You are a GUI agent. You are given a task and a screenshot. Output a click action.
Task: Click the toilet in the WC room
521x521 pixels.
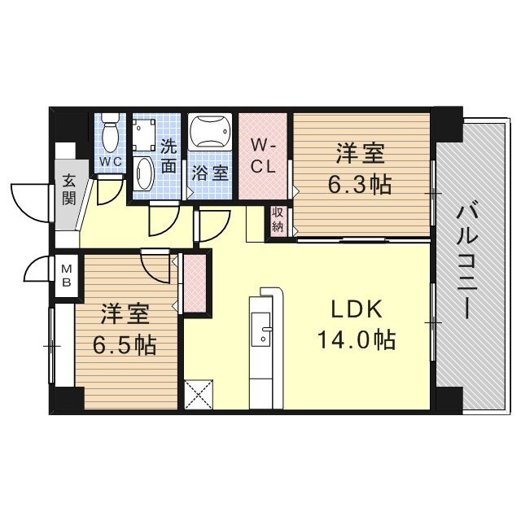click(111, 134)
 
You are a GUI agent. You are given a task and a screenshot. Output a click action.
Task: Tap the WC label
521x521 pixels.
click(111, 162)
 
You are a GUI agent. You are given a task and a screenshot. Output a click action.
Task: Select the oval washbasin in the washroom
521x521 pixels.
click(144, 173)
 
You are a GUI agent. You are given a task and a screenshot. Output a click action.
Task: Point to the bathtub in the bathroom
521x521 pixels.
click(210, 131)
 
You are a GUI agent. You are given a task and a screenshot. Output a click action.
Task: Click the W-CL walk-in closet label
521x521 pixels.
click(263, 155)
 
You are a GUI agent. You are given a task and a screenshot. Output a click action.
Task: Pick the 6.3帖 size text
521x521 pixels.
click(360, 185)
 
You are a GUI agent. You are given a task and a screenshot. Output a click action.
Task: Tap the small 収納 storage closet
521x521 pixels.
click(278, 221)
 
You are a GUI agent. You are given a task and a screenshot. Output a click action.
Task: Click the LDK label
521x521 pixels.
click(357, 309)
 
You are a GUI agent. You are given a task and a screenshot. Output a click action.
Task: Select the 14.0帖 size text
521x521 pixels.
click(357, 339)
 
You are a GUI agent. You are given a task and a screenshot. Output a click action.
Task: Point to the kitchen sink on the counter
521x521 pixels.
click(261, 329)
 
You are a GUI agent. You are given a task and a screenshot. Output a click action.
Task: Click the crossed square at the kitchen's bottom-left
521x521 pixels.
click(199, 394)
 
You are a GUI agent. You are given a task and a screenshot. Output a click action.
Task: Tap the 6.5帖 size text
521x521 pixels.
click(125, 345)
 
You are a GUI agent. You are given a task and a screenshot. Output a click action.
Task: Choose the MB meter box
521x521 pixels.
click(67, 275)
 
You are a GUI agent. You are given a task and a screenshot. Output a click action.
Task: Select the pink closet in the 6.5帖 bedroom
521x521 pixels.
click(195, 283)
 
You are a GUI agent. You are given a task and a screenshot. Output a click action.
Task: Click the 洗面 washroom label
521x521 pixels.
click(169, 155)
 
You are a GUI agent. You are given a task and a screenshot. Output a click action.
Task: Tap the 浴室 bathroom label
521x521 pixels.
click(210, 173)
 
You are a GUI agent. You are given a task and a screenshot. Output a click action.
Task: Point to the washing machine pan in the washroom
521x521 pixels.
click(144, 135)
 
